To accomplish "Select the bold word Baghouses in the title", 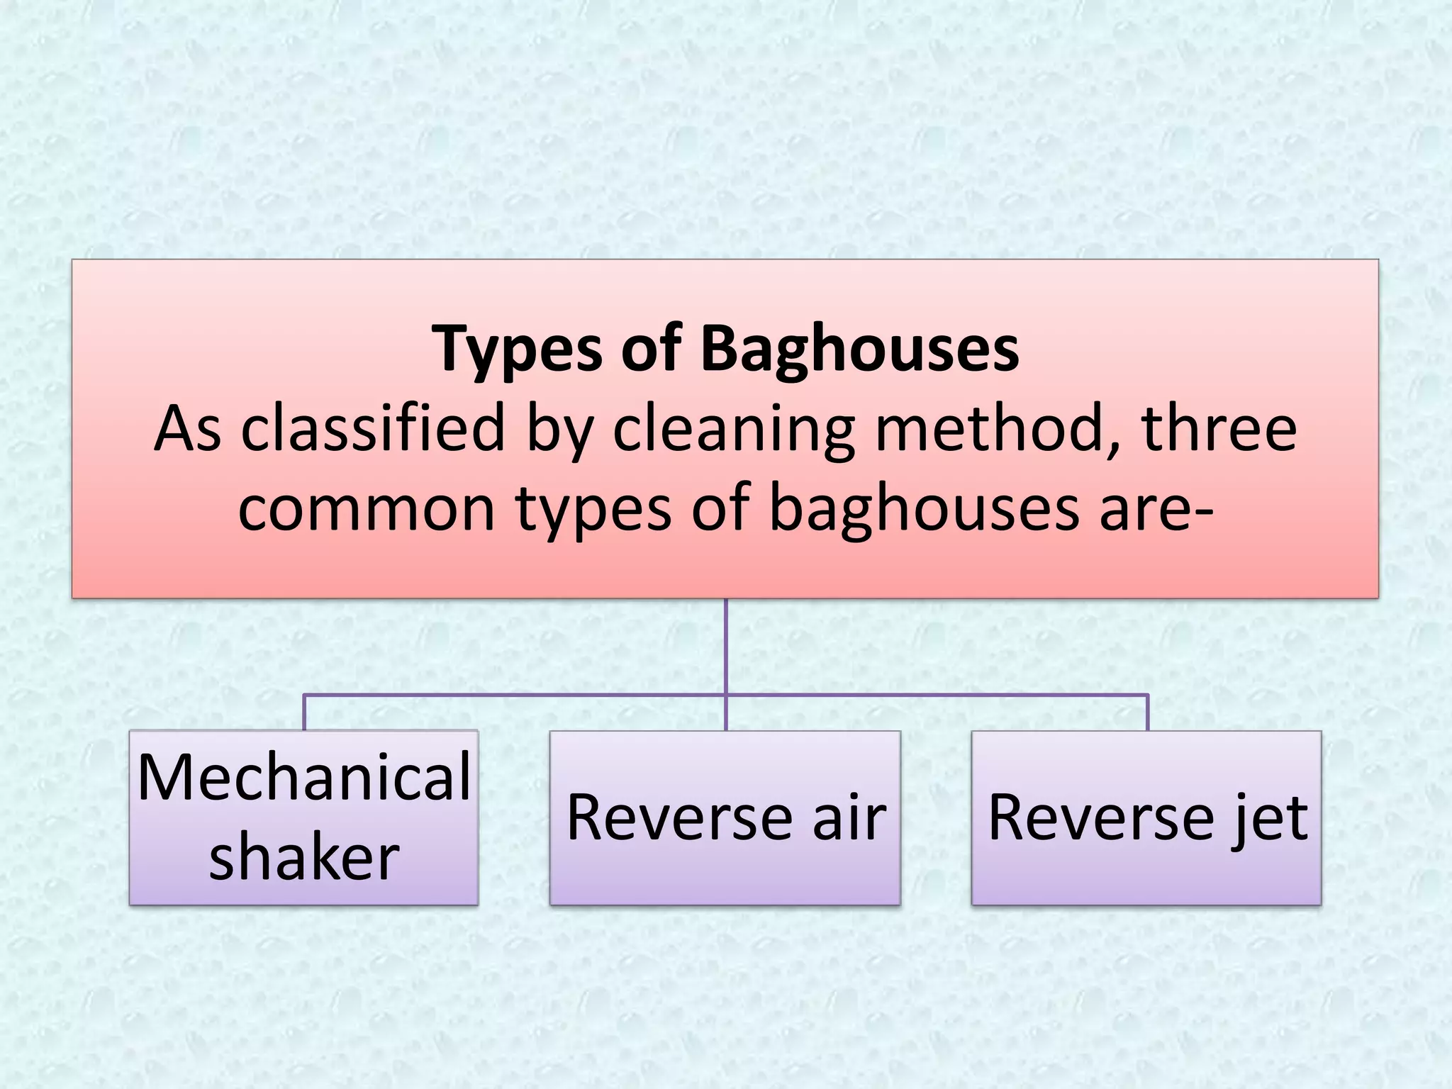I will tap(859, 350).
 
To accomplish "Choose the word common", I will tap(366, 508).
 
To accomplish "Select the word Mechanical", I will tap(304, 778).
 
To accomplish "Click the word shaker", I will tap(304, 857).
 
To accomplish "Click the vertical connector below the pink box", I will tap(726, 645).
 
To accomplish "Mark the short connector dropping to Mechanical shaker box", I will tap(304, 713).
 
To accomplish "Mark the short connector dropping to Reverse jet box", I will tap(1147, 713).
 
